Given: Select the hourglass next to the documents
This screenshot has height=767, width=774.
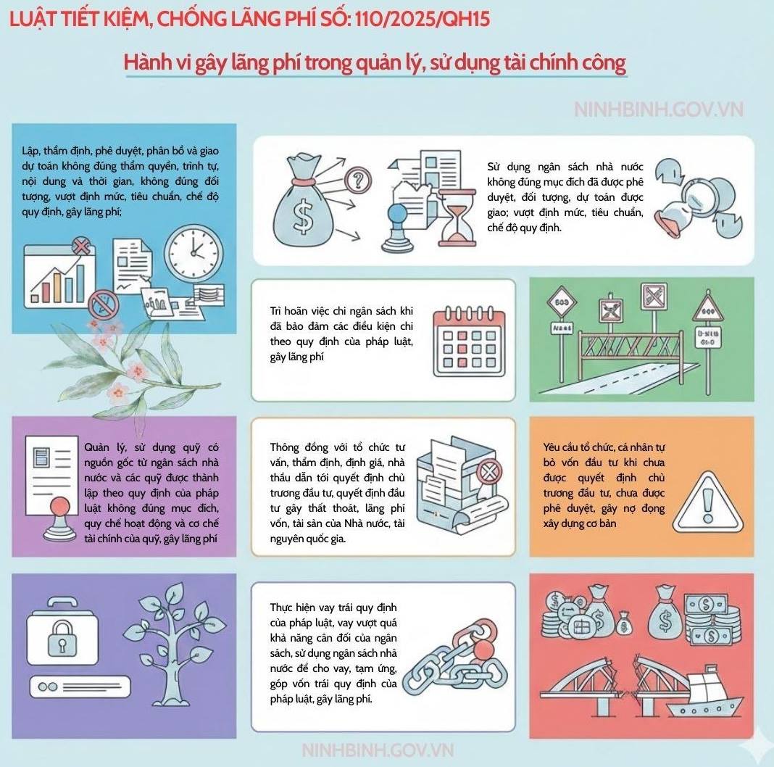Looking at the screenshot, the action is click(x=457, y=217).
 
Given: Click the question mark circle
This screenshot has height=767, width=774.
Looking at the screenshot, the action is click(x=358, y=180).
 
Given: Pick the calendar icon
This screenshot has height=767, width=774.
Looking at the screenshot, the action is click(x=469, y=341).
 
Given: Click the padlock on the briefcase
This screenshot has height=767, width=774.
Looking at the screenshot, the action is click(x=62, y=638).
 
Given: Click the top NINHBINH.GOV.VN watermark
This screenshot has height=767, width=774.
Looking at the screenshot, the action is click(x=659, y=109).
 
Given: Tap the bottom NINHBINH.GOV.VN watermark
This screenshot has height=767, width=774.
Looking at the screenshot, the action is click(x=378, y=750).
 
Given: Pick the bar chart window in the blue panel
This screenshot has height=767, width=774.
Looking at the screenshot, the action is click(x=59, y=277).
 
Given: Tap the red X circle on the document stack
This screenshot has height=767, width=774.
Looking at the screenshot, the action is click(x=488, y=471).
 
